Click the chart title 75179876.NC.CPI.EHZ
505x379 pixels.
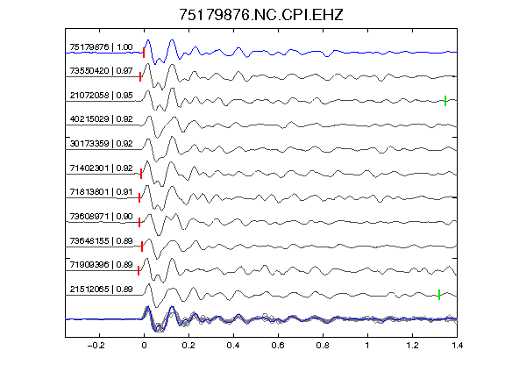click(261, 15)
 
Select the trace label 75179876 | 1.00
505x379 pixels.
click(101, 47)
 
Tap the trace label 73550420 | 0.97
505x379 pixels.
click(101, 70)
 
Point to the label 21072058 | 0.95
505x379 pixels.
click(101, 96)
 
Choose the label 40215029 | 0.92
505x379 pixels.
click(101, 119)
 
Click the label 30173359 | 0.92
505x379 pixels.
click(101, 143)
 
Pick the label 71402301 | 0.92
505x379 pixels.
click(101, 168)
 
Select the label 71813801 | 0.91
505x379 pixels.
click(101, 192)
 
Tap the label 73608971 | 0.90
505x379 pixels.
click(101, 216)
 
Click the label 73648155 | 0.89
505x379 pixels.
click(101, 240)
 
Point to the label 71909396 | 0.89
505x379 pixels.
click(101, 265)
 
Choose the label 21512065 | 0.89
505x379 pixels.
click(101, 290)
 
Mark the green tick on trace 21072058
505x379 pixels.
click(445, 101)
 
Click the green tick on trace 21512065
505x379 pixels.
click(439, 295)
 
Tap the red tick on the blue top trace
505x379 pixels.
click(144, 53)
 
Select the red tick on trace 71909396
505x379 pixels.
click(139, 271)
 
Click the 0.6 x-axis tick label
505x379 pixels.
click(278, 346)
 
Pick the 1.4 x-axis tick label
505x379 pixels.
click(457, 346)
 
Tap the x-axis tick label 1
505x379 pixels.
click(367, 346)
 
